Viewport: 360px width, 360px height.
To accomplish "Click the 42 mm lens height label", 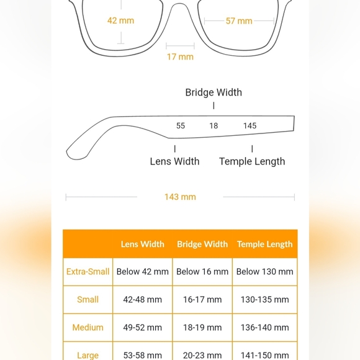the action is (120, 20).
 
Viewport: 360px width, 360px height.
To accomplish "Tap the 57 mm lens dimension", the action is (239, 21).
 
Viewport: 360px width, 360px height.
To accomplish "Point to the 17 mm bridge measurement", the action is (180, 56).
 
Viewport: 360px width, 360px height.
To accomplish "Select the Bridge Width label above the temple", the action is (214, 92).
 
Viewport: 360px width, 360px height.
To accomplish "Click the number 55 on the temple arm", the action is (181, 125).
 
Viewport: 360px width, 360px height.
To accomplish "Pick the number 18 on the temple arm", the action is (214, 125).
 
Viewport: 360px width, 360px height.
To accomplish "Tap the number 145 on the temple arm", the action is (250, 125).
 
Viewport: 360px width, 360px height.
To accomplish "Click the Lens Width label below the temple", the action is (174, 161).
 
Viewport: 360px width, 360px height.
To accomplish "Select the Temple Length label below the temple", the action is (252, 161).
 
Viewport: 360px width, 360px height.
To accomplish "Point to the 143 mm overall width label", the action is (180, 197).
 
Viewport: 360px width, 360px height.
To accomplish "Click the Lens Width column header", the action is (142, 244).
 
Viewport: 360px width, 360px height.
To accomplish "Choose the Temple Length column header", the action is (264, 244).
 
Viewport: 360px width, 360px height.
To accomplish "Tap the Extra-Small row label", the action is (88, 271).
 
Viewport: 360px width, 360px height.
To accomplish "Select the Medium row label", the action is (88, 327).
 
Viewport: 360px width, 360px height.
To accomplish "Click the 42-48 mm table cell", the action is (142, 299).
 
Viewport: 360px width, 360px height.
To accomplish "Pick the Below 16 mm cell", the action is (202, 271).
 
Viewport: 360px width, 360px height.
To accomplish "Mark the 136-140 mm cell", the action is (264, 327).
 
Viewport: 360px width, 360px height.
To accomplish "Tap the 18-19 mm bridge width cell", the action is (202, 327).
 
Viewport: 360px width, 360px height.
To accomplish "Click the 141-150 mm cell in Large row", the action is (264, 355).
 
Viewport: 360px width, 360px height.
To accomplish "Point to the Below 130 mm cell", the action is (264, 271).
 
